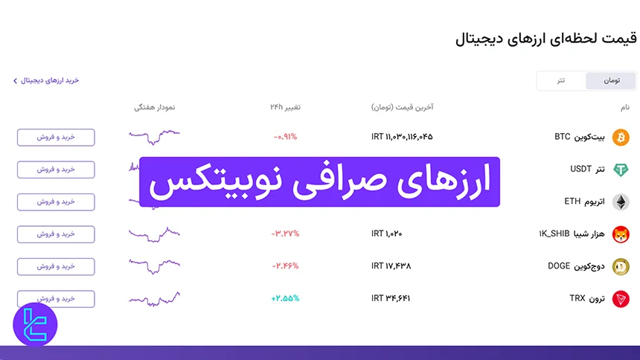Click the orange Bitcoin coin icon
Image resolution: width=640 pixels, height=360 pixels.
tap(620, 138)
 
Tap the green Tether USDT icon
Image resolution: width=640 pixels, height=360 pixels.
tap(620, 170)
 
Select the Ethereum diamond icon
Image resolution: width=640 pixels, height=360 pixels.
tap(620, 202)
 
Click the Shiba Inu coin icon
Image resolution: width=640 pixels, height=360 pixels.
tap(620, 234)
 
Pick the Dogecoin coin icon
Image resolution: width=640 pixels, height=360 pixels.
tap(620, 266)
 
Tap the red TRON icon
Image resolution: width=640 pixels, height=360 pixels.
tap(620, 299)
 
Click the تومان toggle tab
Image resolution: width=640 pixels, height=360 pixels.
tap(611, 81)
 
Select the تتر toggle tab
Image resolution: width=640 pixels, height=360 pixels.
tap(561, 81)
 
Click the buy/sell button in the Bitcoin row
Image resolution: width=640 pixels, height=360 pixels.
tap(56, 138)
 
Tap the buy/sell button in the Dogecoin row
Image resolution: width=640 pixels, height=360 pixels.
tap(56, 266)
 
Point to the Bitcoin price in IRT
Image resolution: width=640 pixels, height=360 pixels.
tap(402, 138)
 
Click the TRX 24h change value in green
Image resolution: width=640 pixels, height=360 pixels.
tap(286, 299)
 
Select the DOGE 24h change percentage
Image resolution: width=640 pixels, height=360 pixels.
tap(285, 266)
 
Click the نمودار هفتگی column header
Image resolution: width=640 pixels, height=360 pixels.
tap(154, 108)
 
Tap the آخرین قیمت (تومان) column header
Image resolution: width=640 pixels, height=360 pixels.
tap(402, 108)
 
